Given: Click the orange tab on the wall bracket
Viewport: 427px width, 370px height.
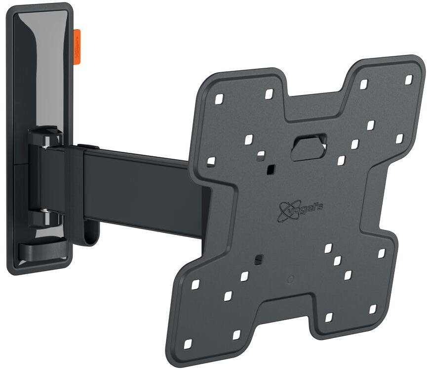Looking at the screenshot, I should tap(77, 47).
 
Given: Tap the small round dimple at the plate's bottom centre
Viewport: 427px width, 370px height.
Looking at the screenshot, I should tap(290, 279).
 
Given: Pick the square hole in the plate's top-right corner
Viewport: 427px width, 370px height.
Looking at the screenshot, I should tap(408, 79).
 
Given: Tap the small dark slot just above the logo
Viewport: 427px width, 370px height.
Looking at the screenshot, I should tap(270, 170).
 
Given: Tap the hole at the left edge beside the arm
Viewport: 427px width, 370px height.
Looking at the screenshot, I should tap(211, 161).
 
